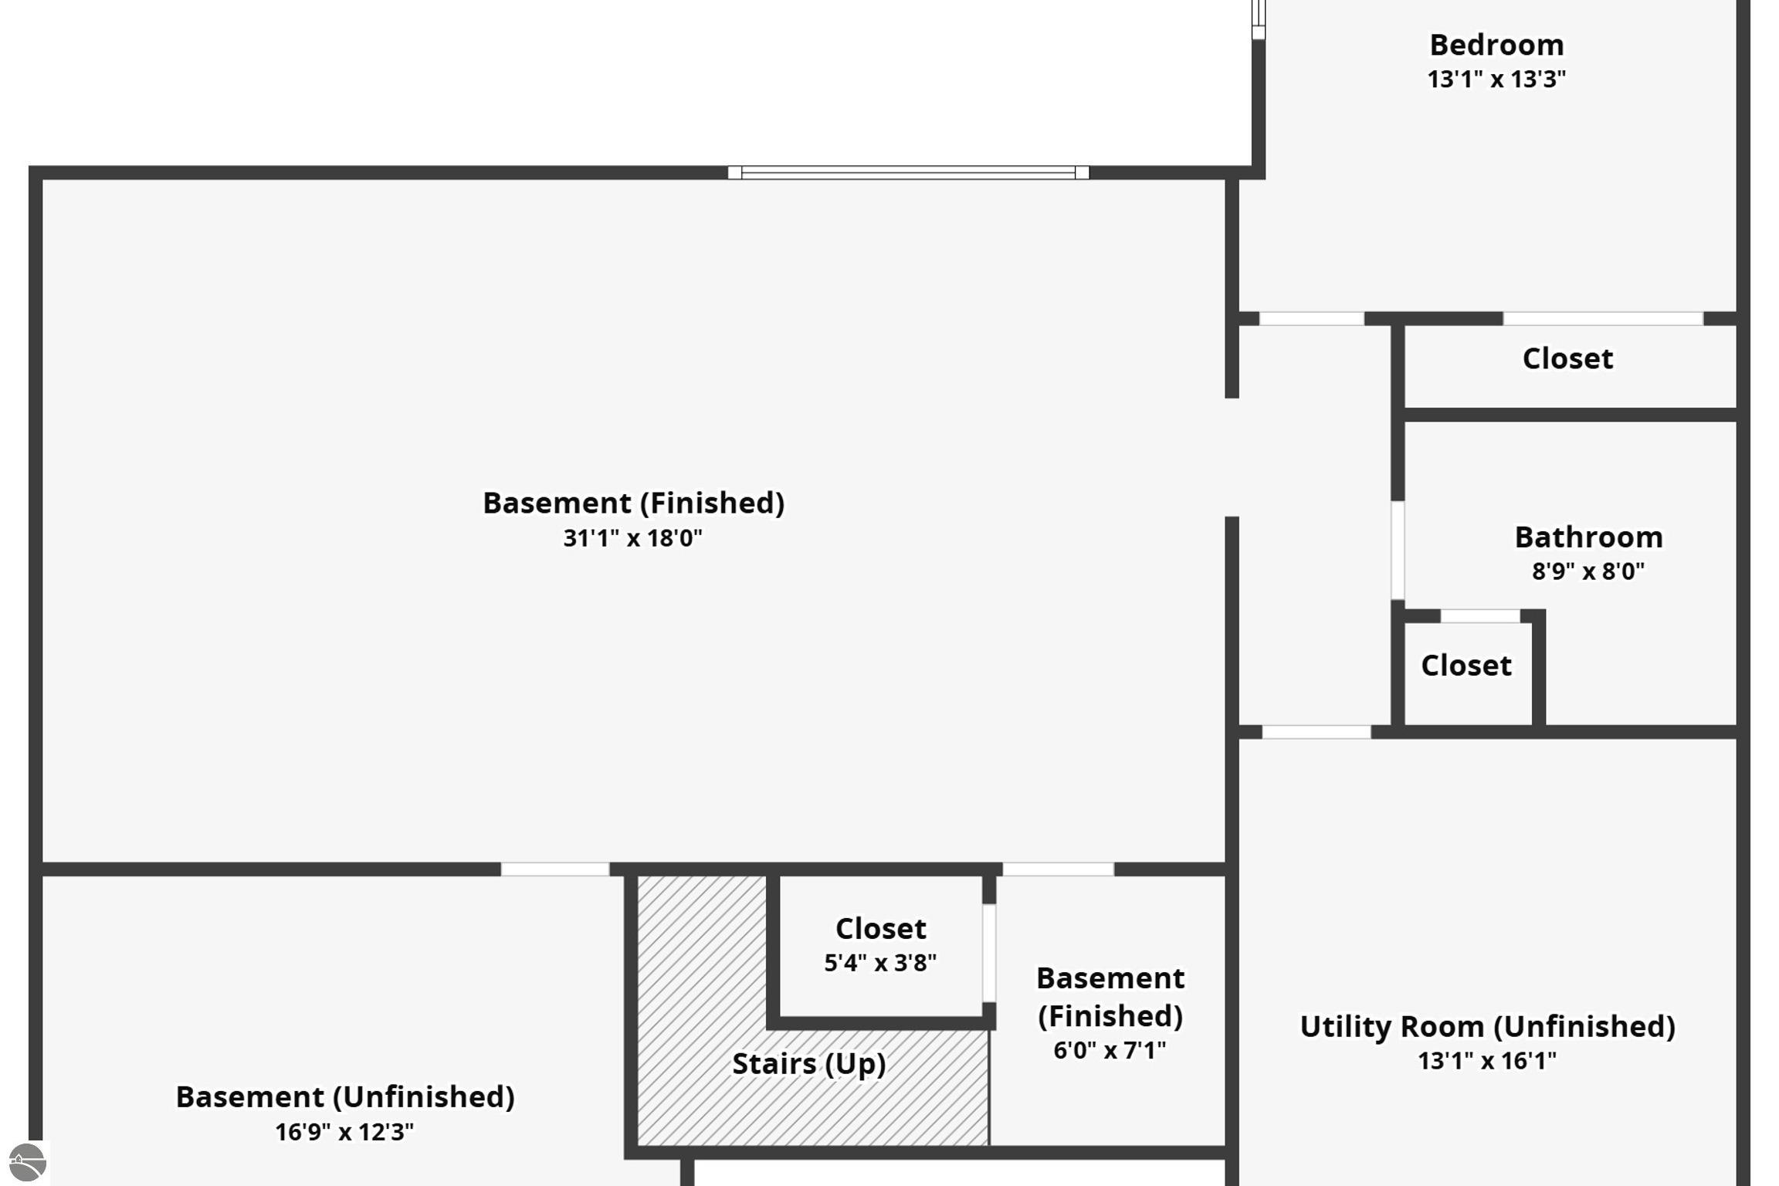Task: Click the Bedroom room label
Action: (1496, 45)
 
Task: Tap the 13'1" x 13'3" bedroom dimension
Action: (1496, 80)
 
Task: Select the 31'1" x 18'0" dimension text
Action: (632, 538)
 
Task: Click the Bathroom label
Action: (1588, 537)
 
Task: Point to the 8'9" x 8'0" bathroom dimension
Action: (1588, 571)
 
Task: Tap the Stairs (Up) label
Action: (808, 1064)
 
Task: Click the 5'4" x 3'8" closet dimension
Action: (880, 963)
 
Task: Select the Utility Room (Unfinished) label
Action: (1487, 1027)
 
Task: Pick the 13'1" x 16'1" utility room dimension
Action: (1487, 1061)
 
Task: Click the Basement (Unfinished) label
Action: (345, 1097)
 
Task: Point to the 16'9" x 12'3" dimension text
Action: (344, 1132)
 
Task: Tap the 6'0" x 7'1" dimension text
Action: (1110, 1050)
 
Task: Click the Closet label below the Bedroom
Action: (1567, 359)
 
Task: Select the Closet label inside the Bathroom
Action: (1466, 666)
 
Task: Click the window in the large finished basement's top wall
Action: (908, 173)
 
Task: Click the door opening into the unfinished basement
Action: (554, 869)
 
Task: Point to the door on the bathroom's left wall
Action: (1398, 550)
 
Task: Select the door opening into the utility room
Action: (1316, 732)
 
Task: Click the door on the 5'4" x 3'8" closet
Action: (988, 953)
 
